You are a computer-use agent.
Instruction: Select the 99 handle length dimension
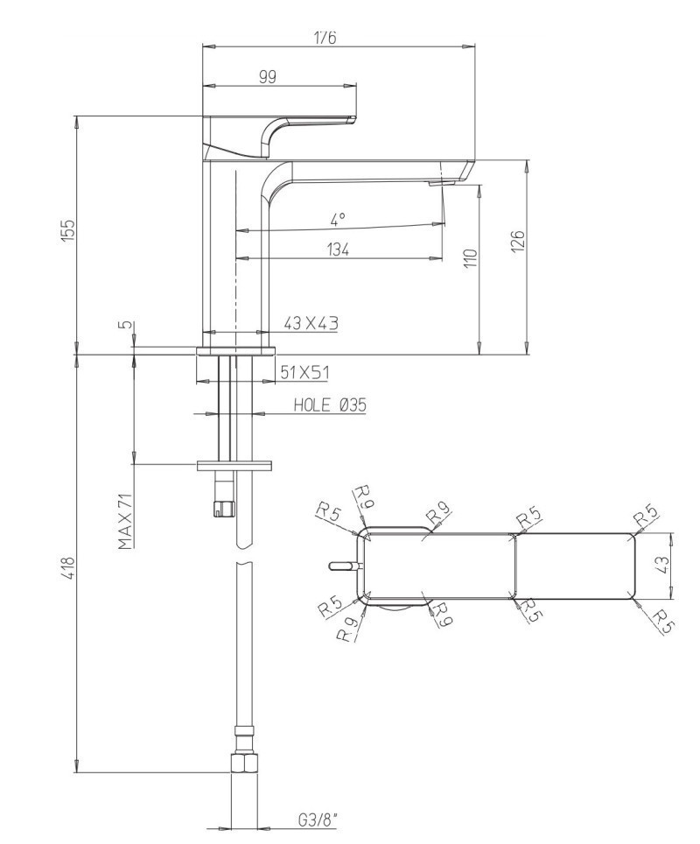point(268,77)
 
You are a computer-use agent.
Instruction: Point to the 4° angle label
point(338,217)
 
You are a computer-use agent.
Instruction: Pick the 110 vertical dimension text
point(470,258)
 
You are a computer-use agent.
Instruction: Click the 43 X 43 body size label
point(311,323)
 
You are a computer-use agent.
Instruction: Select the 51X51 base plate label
point(304,373)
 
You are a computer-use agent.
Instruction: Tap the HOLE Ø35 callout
point(328,404)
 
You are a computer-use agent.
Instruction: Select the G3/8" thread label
point(317,819)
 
